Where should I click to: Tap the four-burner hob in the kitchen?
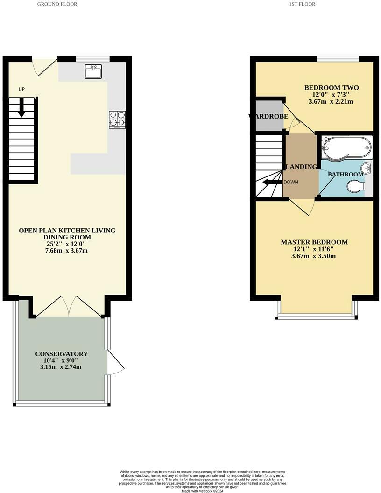[x=116, y=119]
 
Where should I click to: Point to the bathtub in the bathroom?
[x=346, y=147]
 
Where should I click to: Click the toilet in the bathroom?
[x=356, y=187]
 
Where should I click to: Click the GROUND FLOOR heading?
[x=57, y=4]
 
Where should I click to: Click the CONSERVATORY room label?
[x=61, y=354]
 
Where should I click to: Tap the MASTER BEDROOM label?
[x=314, y=242]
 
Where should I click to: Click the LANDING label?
[x=301, y=167]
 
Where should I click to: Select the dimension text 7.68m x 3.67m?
[x=67, y=251]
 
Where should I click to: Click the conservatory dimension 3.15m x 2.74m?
[x=61, y=367]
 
